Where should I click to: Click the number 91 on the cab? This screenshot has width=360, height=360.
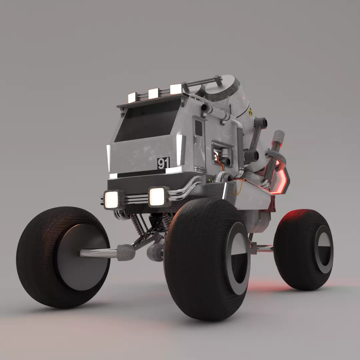[x=163, y=163]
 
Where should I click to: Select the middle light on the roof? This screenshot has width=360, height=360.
[x=153, y=94]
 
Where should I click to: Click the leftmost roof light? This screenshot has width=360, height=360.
[x=132, y=97]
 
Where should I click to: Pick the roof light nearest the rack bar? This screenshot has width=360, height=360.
[x=176, y=89]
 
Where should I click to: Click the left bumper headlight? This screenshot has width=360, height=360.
[x=112, y=199]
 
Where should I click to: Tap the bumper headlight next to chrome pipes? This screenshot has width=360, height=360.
[x=157, y=197]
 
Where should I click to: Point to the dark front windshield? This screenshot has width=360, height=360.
[x=147, y=122]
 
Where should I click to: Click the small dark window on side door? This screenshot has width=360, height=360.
[x=198, y=128]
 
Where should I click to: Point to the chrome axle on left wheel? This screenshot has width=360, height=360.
[x=98, y=253]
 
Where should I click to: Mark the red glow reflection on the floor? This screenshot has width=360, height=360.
[x=267, y=285]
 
